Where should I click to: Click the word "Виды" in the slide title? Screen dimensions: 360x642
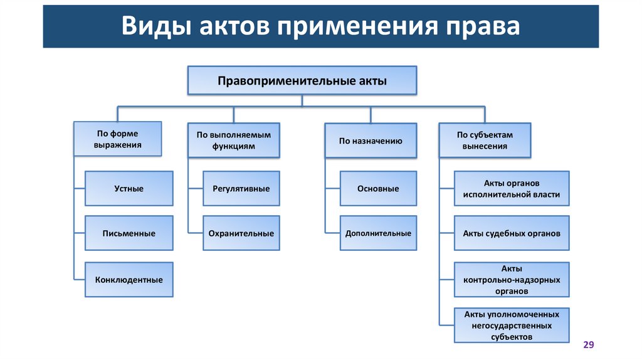click(x=155, y=27)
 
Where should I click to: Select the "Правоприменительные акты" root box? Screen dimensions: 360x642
click(x=302, y=81)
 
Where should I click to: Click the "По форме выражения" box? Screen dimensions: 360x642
click(x=118, y=139)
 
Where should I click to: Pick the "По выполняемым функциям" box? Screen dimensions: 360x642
click(x=234, y=140)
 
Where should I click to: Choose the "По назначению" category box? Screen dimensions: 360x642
click(x=371, y=140)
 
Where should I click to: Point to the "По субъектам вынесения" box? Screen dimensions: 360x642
click(x=485, y=140)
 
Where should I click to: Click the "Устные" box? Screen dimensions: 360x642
click(x=129, y=188)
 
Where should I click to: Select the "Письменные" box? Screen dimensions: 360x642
click(x=129, y=233)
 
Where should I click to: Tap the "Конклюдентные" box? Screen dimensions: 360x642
click(x=129, y=280)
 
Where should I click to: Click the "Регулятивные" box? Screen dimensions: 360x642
click(x=241, y=188)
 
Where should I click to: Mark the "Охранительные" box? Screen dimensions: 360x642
click(x=241, y=233)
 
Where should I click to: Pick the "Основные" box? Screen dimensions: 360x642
click(x=378, y=188)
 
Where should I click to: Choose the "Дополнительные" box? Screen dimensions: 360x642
click(x=378, y=233)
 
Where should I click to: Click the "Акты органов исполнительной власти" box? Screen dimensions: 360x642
click(x=512, y=188)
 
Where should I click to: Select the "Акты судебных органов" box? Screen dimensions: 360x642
click(x=512, y=233)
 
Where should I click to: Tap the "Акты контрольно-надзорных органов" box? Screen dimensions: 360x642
click(x=512, y=280)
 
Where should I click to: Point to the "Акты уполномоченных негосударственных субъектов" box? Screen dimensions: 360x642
click(x=512, y=326)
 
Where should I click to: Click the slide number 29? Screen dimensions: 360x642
click(x=588, y=345)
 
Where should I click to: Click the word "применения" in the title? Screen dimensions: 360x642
click(x=354, y=27)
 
